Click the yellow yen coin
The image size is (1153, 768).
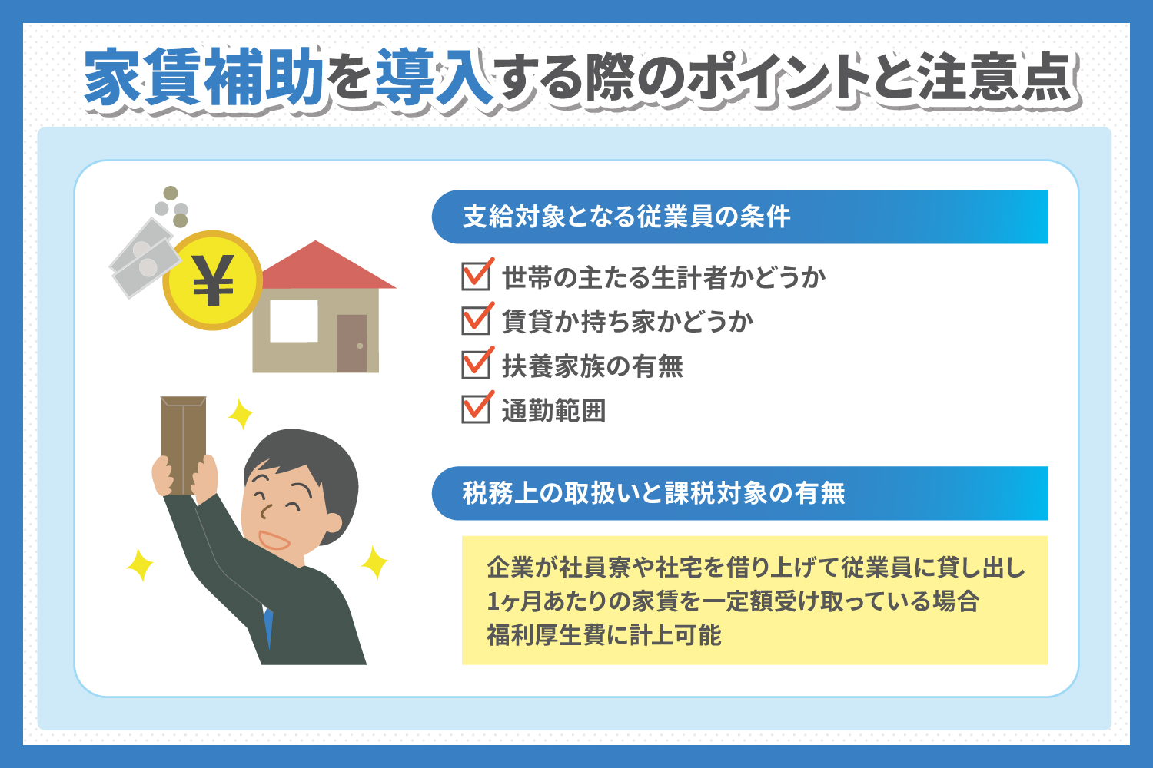[213, 280]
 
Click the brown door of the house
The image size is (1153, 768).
[351, 343]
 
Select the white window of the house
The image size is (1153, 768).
[294, 321]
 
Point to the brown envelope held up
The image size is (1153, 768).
[183, 445]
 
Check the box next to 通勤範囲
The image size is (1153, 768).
[476, 409]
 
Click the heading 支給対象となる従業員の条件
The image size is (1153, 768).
[626, 217]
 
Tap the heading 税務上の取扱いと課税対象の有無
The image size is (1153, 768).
[653, 493]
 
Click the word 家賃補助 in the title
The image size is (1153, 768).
[204, 77]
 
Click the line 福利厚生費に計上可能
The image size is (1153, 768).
[603, 635]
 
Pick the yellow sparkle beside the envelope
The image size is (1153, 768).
[241, 414]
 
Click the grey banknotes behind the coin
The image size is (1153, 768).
[143, 258]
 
